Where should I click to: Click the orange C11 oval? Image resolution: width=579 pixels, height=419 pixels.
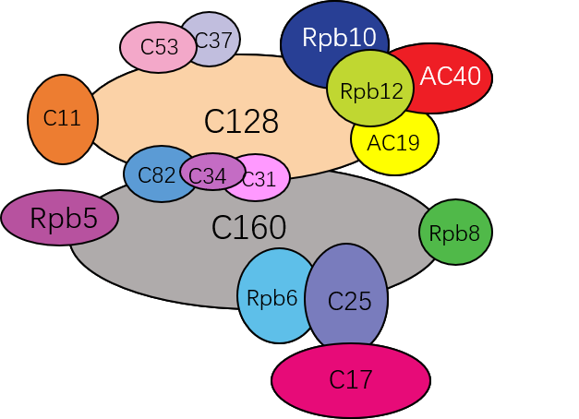click(63, 119)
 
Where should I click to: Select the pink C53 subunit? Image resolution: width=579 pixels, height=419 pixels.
click(157, 48)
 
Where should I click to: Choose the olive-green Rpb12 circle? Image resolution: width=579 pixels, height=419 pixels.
click(370, 90)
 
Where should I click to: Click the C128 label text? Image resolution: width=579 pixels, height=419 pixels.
click(241, 121)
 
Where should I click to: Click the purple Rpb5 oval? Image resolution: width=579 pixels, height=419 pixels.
click(60, 219)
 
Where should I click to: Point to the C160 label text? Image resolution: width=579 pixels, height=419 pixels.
click(248, 228)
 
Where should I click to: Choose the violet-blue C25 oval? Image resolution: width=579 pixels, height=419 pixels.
click(347, 301)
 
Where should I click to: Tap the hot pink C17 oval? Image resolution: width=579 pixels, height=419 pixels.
click(351, 379)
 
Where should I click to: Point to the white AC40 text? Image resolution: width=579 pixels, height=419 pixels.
click(451, 77)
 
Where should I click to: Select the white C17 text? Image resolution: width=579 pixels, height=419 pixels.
click(351, 379)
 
